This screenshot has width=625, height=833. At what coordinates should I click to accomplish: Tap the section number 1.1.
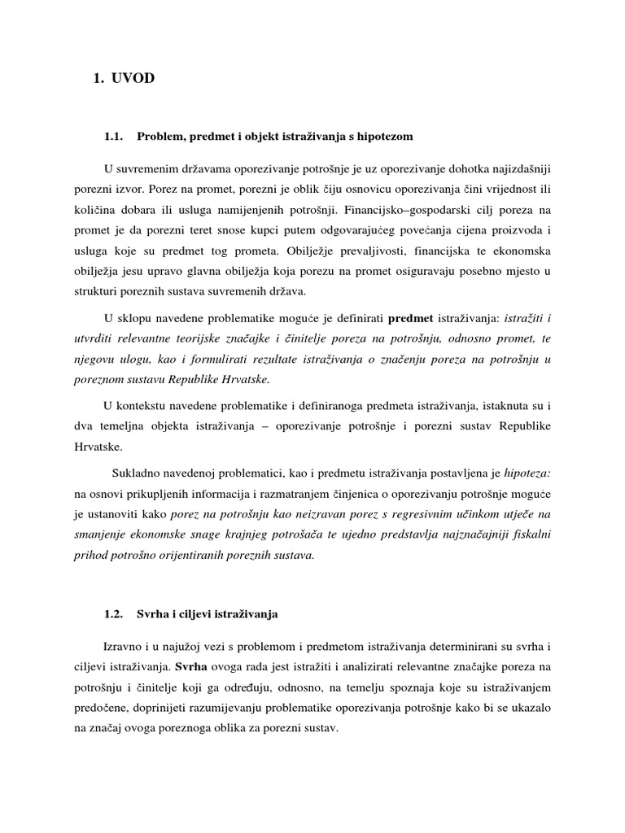113,136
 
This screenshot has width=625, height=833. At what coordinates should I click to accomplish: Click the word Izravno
124,646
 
